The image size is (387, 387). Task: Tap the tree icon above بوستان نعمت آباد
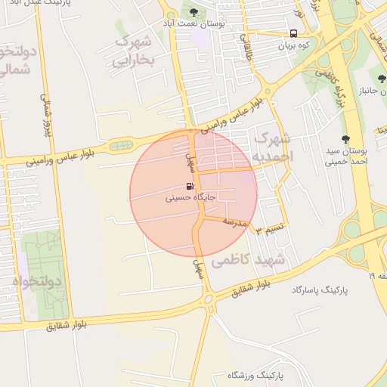click(x=194, y=12)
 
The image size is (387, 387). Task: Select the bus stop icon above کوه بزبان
click(x=293, y=33)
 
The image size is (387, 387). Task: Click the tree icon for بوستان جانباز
click(x=382, y=79)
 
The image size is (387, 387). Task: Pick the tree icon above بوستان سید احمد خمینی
click(x=345, y=138)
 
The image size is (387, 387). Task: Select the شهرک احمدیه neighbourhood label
click(x=271, y=148)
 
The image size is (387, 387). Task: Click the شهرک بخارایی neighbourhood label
click(x=134, y=48)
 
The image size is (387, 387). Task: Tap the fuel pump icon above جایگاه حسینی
click(x=188, y=186)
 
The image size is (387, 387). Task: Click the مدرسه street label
click(x=235, y=221)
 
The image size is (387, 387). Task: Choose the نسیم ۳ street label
click(x=270, y=228)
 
